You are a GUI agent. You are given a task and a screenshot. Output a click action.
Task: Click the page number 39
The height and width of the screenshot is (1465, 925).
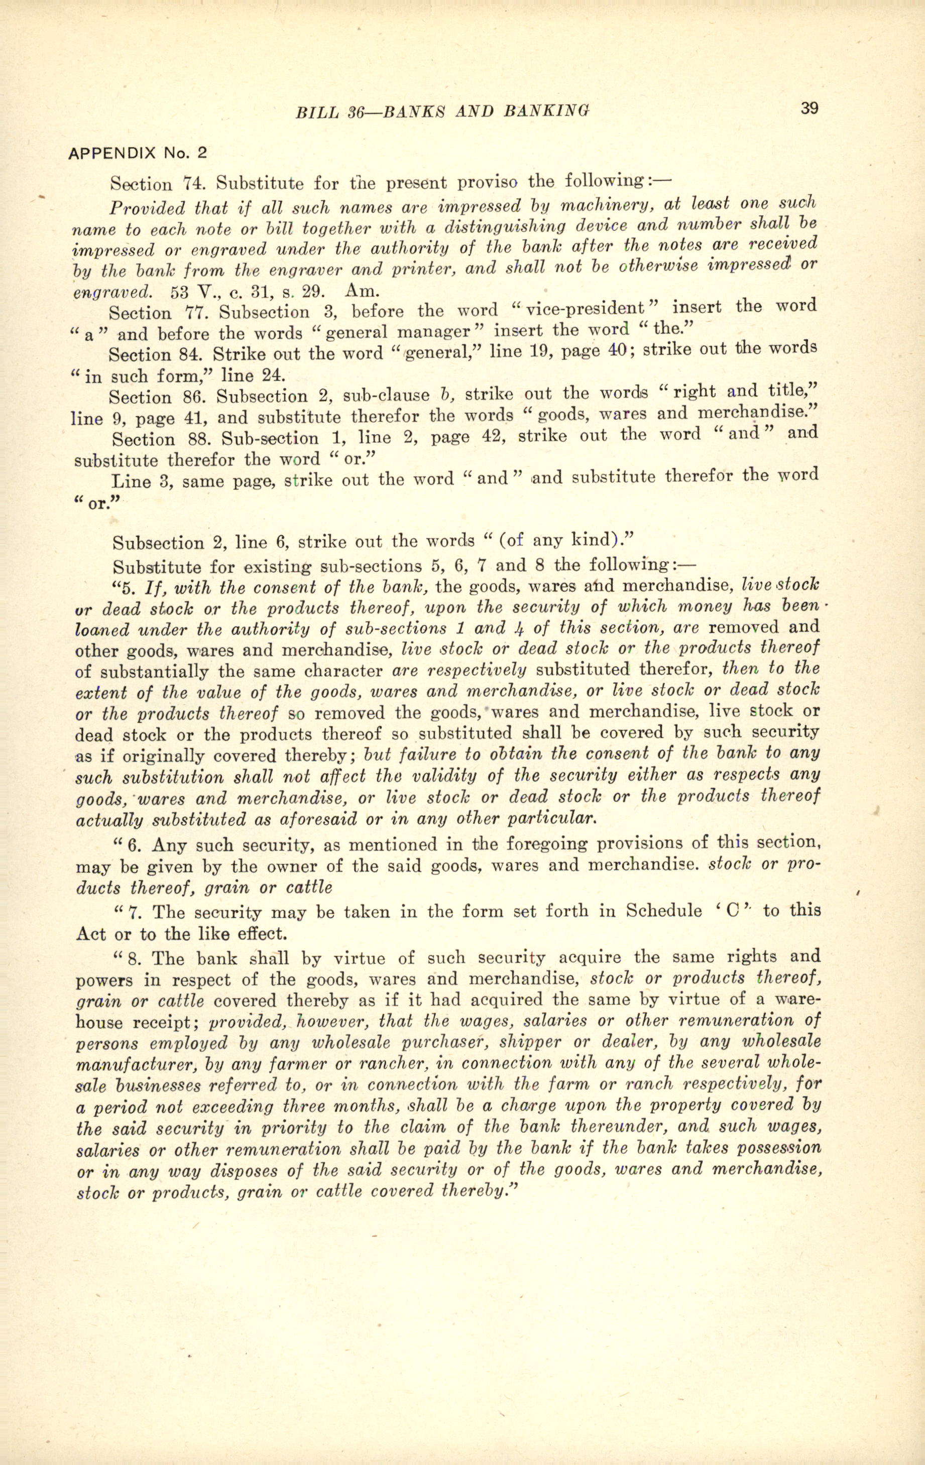tap(810, 108)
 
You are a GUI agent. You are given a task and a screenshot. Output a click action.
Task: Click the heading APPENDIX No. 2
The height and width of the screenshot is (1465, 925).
tap(138, 153)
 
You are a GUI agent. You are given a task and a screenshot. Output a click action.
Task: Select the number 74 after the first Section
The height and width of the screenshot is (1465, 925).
tap(183, 184)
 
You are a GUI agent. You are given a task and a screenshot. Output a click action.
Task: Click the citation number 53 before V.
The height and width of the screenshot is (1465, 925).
tap(180, 291)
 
